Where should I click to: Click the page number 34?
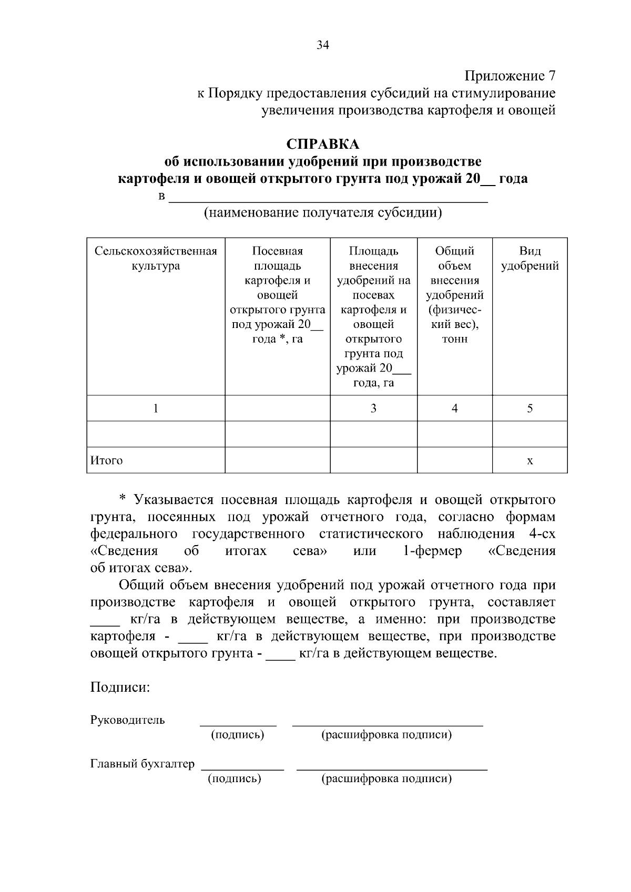(x=322, y=46)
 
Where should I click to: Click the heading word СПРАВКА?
(x=322, y=144)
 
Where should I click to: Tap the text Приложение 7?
(x=510, y=76)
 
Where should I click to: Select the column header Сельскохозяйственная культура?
(x=156, y=258)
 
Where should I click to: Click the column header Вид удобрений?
(x=530, y=258)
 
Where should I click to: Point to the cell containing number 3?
(x=373, y=408)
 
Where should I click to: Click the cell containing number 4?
(x=454, y=408)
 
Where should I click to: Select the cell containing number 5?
(x=530, y=408)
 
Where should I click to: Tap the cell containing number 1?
(x=156, y=408)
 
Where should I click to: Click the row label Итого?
(x=107, y=460)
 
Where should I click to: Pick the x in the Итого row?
(x=530, y=461)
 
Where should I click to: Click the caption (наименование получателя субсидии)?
(x=322, y=213)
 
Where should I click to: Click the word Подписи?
(x=120, y=687)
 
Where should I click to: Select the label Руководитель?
(x=128, y=720)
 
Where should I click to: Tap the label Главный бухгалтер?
(x=143, y=764)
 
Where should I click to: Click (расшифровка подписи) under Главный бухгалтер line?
(x=386, y=778)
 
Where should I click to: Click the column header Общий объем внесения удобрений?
(x=454, y=294)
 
